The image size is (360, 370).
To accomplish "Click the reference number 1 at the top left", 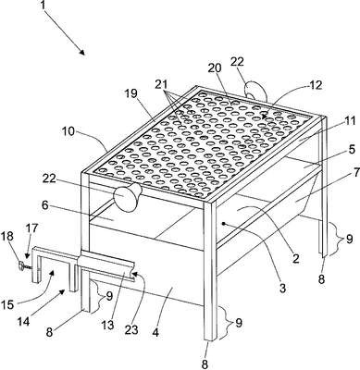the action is click(x=43, y=6).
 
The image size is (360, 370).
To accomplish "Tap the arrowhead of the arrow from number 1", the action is click(x=81, y=52).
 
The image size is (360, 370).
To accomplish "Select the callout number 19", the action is click(x=131, y=93).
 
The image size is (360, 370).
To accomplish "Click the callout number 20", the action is click(x=215, y=68).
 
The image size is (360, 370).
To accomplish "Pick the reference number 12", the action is click(x=315, y=85).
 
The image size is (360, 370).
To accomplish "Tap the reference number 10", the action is click(x=68, y=131).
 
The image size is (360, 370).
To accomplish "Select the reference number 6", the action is click(x=45, y=205).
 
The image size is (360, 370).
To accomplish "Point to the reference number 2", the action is click(x=296, y=258).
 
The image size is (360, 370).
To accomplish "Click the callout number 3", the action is click(x=282, y=289).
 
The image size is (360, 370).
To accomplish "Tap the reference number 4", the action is click(x=155, y=332).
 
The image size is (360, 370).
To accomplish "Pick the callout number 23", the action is click(x=131, y=329).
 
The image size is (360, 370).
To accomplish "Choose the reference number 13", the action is click(x=108, y=325).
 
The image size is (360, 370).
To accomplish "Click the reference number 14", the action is click(x=23, y=321).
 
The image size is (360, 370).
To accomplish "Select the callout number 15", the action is click(x=8, y=304).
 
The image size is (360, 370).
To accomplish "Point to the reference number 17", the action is click(x=31, y=228).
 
